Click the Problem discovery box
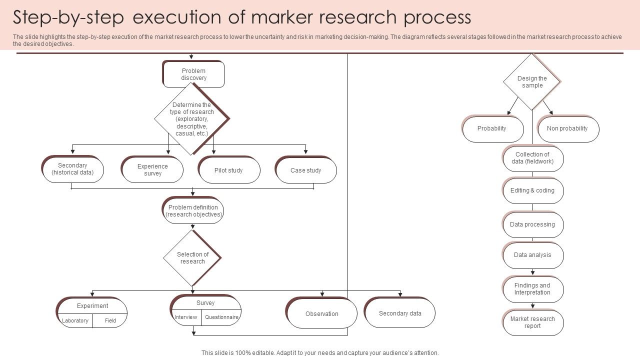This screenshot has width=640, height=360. [x=193, y=74]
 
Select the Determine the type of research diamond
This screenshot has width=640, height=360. [x=192, y=119]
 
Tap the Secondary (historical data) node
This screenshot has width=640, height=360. [x=73, y=169]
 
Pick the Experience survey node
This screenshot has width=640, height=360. [x=152, y=170]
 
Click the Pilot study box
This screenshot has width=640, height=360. [x=229, y=170]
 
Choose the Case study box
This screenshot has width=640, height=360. [x=306, y=170]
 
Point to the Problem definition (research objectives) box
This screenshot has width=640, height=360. [x=193, y=211]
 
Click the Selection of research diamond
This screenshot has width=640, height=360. [x=192, y=258]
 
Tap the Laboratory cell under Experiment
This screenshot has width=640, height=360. [x=75, y=320]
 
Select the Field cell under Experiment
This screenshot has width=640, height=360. [x=110, y=320]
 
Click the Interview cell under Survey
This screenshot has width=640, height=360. [x=186, y=317]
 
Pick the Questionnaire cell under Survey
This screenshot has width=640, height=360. [x=221, y=317]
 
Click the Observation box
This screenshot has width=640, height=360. [x=322, y=313]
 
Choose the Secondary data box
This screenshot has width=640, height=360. [x=400, y=313]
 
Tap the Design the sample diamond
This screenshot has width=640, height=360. [x=532, y=82]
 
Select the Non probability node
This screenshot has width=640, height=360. [x=567, y=129]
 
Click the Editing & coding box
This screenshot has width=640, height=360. [x=533, y=191]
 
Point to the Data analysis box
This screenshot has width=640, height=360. [x=533, y=255]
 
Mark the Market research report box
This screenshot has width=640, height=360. [x=533, y=322]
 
